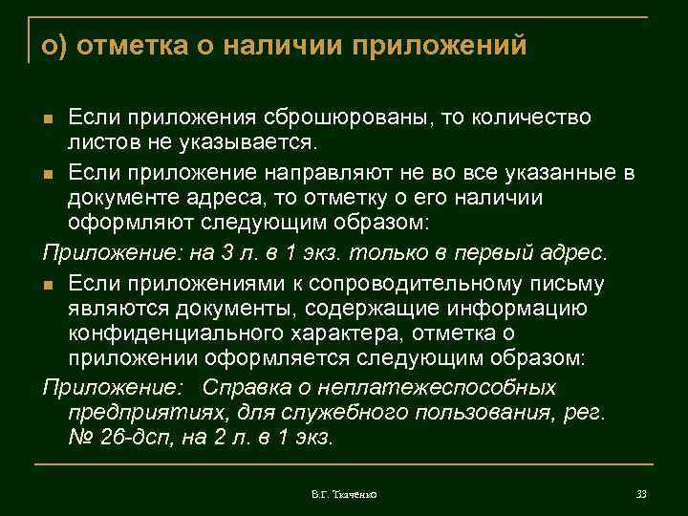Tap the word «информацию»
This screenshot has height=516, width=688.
point(517,309)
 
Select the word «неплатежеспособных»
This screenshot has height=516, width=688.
point(459,388)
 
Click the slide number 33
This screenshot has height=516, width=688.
point(641,494)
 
